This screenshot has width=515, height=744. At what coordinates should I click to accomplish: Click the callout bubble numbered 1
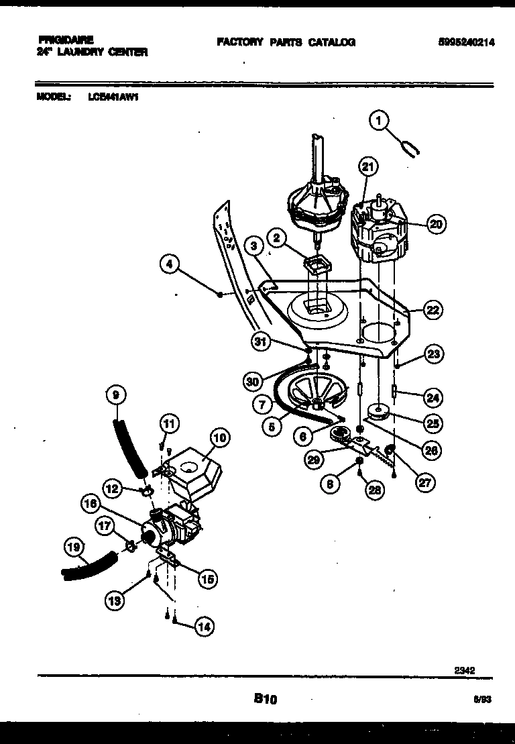click(x=379, y=121)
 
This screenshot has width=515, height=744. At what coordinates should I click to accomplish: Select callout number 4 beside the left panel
click(x=171, y=266)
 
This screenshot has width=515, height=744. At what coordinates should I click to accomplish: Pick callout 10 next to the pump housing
click(x=218, y=439)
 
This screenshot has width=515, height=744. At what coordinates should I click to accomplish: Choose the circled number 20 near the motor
click(x=436, y=225)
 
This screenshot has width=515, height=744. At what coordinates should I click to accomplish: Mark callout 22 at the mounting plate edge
click(x=433, y=309)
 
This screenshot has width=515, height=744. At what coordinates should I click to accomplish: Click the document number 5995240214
click(x=463, y=42)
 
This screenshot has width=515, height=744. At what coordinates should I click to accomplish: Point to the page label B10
click(x=266, y=699)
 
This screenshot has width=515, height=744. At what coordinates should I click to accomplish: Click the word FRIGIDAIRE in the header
click(x=66, y=40)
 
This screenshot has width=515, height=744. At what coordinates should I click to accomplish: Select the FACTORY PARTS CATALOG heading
click(x=286, y=42)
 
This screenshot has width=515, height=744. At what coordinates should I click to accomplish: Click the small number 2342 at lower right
click(x=465, y=669)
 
